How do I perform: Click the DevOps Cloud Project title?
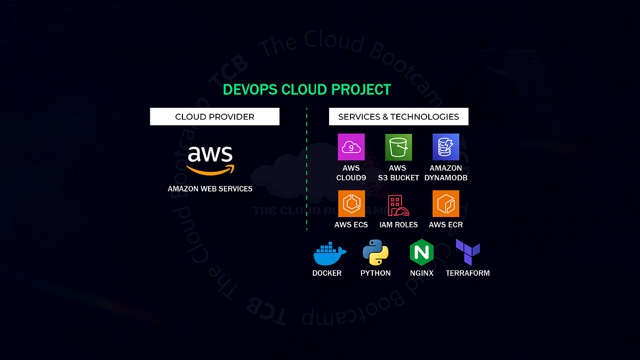pos(307,90)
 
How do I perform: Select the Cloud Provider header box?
pos(214,117)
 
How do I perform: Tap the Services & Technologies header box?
pos(398,117)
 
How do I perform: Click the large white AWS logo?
pos(210,155)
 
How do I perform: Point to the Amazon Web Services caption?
pos(210,189)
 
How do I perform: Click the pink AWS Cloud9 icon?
pos(351,147)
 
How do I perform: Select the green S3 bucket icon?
pos(398,147)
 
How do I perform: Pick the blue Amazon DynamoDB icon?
pos(446,147)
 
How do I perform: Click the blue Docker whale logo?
pos(329,254)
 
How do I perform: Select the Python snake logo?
pos(375,253)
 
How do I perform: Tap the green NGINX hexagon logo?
pos(421,253)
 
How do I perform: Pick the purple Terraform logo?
pos(468,252)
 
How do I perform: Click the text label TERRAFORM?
pos(468,273)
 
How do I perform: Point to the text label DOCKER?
pos(327,273)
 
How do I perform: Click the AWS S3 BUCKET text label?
pos(398,173)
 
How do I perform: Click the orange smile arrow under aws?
pos(211,170)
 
